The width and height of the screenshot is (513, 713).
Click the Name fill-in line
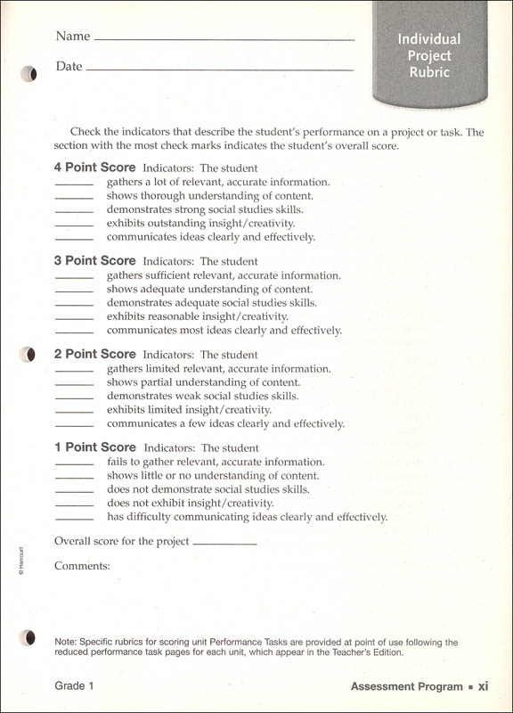[224, 40]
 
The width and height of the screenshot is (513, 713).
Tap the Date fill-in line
[219, 70]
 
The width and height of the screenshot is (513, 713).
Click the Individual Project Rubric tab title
[429, 56]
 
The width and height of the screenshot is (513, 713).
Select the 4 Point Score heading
[95, 168]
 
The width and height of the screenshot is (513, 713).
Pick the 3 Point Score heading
[95, 261]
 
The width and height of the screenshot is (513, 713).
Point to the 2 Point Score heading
[95, 355]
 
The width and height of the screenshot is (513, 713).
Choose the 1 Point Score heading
[95, 447]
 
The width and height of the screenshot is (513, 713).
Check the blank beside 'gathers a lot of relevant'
[74, 184]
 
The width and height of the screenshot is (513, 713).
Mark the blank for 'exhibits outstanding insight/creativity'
[74, 225]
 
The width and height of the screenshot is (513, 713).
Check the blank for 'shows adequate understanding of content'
[74, 291]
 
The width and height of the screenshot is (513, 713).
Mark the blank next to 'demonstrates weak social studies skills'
[74, 397]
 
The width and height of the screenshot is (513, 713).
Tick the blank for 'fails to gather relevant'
[74, 463]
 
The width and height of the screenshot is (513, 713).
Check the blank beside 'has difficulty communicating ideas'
[74, 519]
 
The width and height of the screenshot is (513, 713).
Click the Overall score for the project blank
[224, 543]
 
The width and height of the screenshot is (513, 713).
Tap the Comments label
[82, 566]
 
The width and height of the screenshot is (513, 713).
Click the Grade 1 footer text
[74, 685]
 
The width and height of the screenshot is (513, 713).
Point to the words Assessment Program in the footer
[406, 686]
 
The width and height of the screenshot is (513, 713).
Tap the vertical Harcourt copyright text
[20, 561]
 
